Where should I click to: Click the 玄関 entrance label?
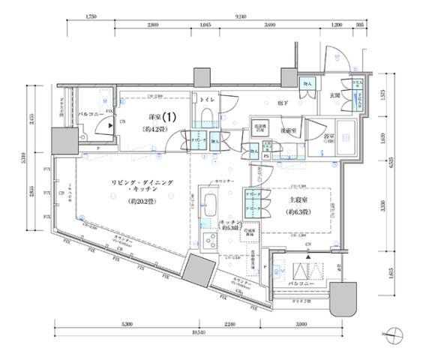(x=335, y=96)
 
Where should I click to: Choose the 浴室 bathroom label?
(x=329, y=136)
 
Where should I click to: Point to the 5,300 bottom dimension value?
(x=126, y=323)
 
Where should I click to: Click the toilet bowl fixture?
(x=205, y=115)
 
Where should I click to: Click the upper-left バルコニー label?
(x=91, y=115)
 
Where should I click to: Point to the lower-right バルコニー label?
(x=303, y=286)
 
